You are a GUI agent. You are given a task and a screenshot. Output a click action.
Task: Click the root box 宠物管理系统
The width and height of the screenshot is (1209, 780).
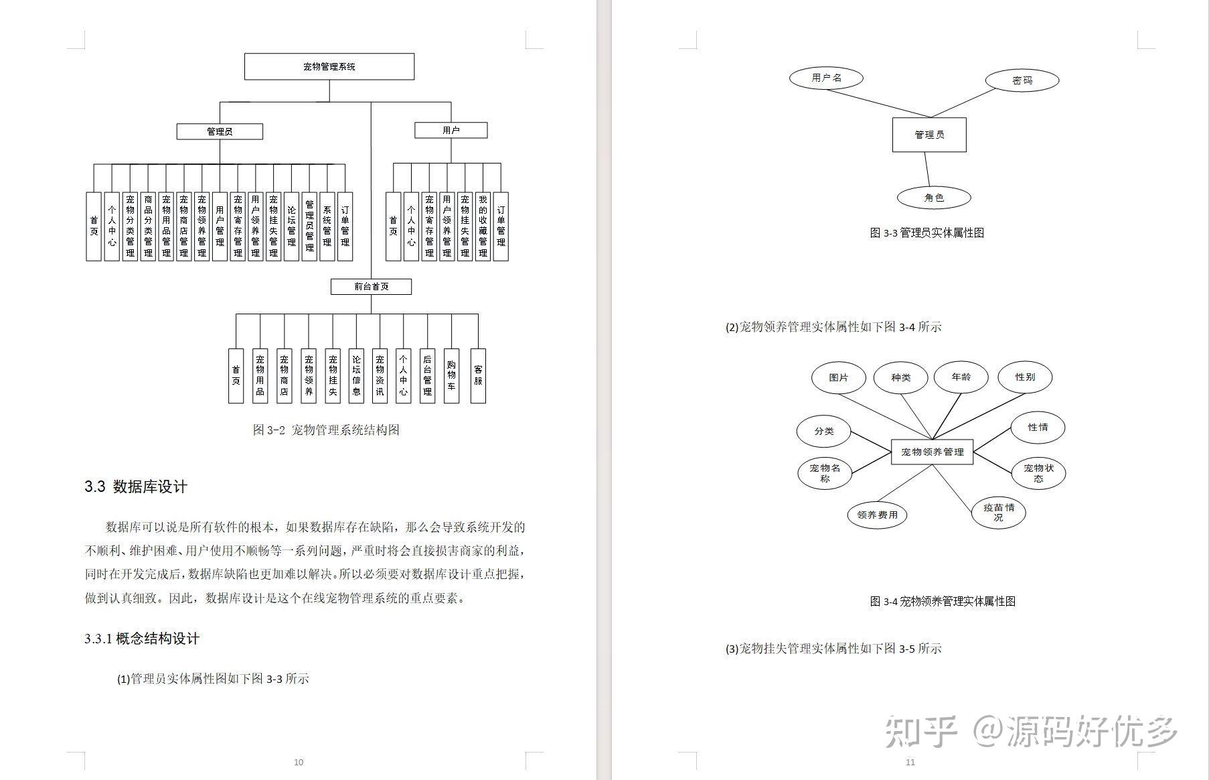(329, 67)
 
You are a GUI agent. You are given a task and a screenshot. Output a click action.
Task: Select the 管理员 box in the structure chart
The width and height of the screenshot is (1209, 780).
(220, 131)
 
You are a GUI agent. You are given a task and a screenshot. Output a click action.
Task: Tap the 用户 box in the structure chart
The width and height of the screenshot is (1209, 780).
(451, 130)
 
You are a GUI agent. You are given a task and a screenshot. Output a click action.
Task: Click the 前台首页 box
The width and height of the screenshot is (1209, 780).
(371, 287)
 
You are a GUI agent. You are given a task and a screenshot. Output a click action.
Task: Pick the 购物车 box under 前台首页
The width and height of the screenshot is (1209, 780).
(451, 376)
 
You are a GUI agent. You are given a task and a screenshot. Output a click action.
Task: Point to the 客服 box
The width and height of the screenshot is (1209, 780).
(478, 376)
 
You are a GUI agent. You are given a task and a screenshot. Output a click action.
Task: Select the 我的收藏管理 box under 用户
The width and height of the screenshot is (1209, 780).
(483, 226)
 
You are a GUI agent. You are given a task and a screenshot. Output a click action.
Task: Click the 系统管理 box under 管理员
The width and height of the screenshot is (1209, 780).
(327, 226)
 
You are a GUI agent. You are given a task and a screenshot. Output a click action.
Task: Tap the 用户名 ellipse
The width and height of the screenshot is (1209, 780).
(826, 78)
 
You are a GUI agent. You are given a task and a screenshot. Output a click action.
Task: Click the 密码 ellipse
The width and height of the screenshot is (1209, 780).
(1022, 80)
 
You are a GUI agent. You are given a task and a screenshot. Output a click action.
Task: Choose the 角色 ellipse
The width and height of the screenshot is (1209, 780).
(933, 198)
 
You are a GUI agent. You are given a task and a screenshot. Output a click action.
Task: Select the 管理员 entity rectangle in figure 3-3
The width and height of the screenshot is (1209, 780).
(929, 135)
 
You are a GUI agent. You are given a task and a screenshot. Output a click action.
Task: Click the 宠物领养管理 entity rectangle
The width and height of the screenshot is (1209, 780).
(932, 452)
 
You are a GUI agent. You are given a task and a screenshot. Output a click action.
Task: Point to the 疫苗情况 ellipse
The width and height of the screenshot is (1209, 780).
(998, 513)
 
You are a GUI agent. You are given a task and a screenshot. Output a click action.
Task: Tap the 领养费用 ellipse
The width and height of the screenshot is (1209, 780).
(877, 515)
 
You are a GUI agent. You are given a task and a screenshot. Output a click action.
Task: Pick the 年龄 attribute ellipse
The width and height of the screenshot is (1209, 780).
(961, 377)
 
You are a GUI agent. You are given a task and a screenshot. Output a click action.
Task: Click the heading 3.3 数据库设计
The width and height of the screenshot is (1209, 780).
(136, 487)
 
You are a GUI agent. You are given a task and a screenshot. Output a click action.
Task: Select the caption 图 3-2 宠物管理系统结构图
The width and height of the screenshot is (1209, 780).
(326, 430)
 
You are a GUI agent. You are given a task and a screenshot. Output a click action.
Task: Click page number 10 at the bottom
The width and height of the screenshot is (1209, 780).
(299, 762)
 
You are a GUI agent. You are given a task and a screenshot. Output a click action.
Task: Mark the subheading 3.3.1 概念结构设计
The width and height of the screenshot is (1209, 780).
(142, 639)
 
